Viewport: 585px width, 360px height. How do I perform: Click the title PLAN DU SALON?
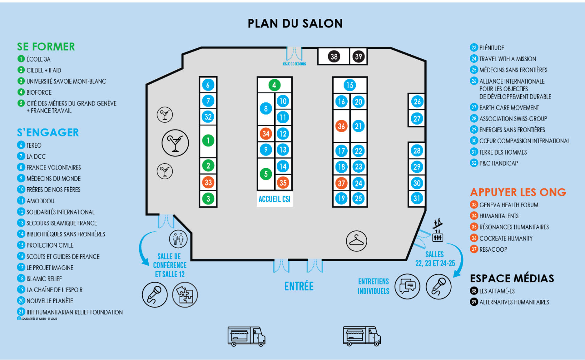pyautogui.click(x=295, y=23)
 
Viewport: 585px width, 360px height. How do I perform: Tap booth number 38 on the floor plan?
pyautogui.click(x=334, y=56)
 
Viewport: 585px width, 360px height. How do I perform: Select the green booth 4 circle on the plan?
pyautogui.click(x=274, y=85)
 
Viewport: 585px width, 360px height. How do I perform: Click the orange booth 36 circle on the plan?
pyautogui.click(x=341, y=126)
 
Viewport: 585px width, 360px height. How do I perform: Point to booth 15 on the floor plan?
pyautogui.click(x=350, y=85)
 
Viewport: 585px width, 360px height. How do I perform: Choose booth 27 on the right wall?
pyautogui.click(x=417, y=119)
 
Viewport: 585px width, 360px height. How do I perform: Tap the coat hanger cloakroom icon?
pyautogui.click(x=356, y=241)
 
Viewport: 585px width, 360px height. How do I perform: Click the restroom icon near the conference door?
pyautogui.click(x=178, y=239)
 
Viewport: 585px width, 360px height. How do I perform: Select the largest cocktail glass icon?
pyautogui.click(x=175, y=143)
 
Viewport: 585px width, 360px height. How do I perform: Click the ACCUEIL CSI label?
pyautogui.click(x=275, y=199)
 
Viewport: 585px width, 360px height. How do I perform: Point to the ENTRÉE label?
pyautogui.click(x=299, y=286)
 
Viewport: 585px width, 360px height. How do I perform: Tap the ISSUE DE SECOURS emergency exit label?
pyautogui.click(x=294, y=64)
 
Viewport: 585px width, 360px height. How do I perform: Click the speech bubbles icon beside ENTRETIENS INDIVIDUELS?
pyautogui.click(x=407, y=286)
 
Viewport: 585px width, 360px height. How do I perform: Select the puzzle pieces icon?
pyautogui.click(x=185, y=295)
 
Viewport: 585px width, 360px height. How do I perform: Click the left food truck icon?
pyautogui.click(x=246, y=336)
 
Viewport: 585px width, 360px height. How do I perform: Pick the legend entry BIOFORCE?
pyautogui.click(x=39, y=92)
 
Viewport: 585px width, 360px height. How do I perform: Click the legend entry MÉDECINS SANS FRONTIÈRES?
pyautogui.click(x=513, y=70)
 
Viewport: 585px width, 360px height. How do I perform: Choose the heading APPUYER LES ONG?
pyautogui.click(x=518, y=192)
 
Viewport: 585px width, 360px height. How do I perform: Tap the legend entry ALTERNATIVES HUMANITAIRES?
pyautogui.click(x=514, y=302)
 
